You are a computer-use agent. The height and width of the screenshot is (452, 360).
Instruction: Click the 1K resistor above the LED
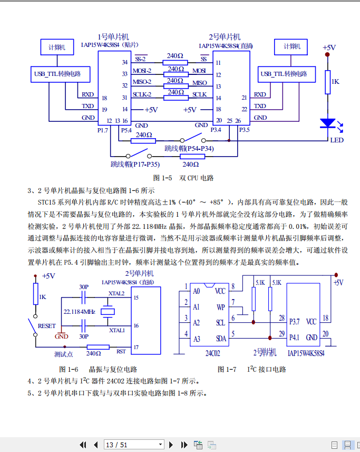pyautogui.click(x=328, y=82)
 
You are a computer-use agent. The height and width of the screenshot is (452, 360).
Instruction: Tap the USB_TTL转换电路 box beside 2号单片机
pyautogui.click(x=287, y=74)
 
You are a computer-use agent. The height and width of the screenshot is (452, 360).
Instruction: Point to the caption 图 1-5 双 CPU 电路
pyautogui.click(x=183, y=178)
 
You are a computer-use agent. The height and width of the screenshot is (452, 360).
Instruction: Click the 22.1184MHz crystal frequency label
pyautogui.click(x=79, y=312)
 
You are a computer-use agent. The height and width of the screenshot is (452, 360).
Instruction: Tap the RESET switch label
pyautogui.click(x=47, y=326)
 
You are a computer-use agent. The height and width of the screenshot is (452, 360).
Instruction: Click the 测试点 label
pyautogui.click(x=64, y=354)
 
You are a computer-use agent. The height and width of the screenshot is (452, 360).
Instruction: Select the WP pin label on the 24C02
pyautogui.click(x=220, y=306)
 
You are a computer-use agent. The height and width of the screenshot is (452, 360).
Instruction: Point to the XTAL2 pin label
pyautogui.click(x=116, y=293)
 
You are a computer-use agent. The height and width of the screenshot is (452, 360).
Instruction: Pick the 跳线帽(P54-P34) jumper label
pyautogui.click(x=189, y=149)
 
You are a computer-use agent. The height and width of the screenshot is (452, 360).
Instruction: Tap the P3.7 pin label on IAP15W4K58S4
pyautogui.click(x=295, y=321)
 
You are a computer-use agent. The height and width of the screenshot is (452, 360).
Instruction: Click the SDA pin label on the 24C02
pyautogui.click(x=220, y=338)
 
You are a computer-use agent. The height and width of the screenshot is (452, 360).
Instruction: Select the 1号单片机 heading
pyautogui.click(x=113, y=37)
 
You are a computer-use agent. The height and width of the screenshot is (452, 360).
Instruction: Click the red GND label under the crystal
pyautogui.click(x=62, y=336)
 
